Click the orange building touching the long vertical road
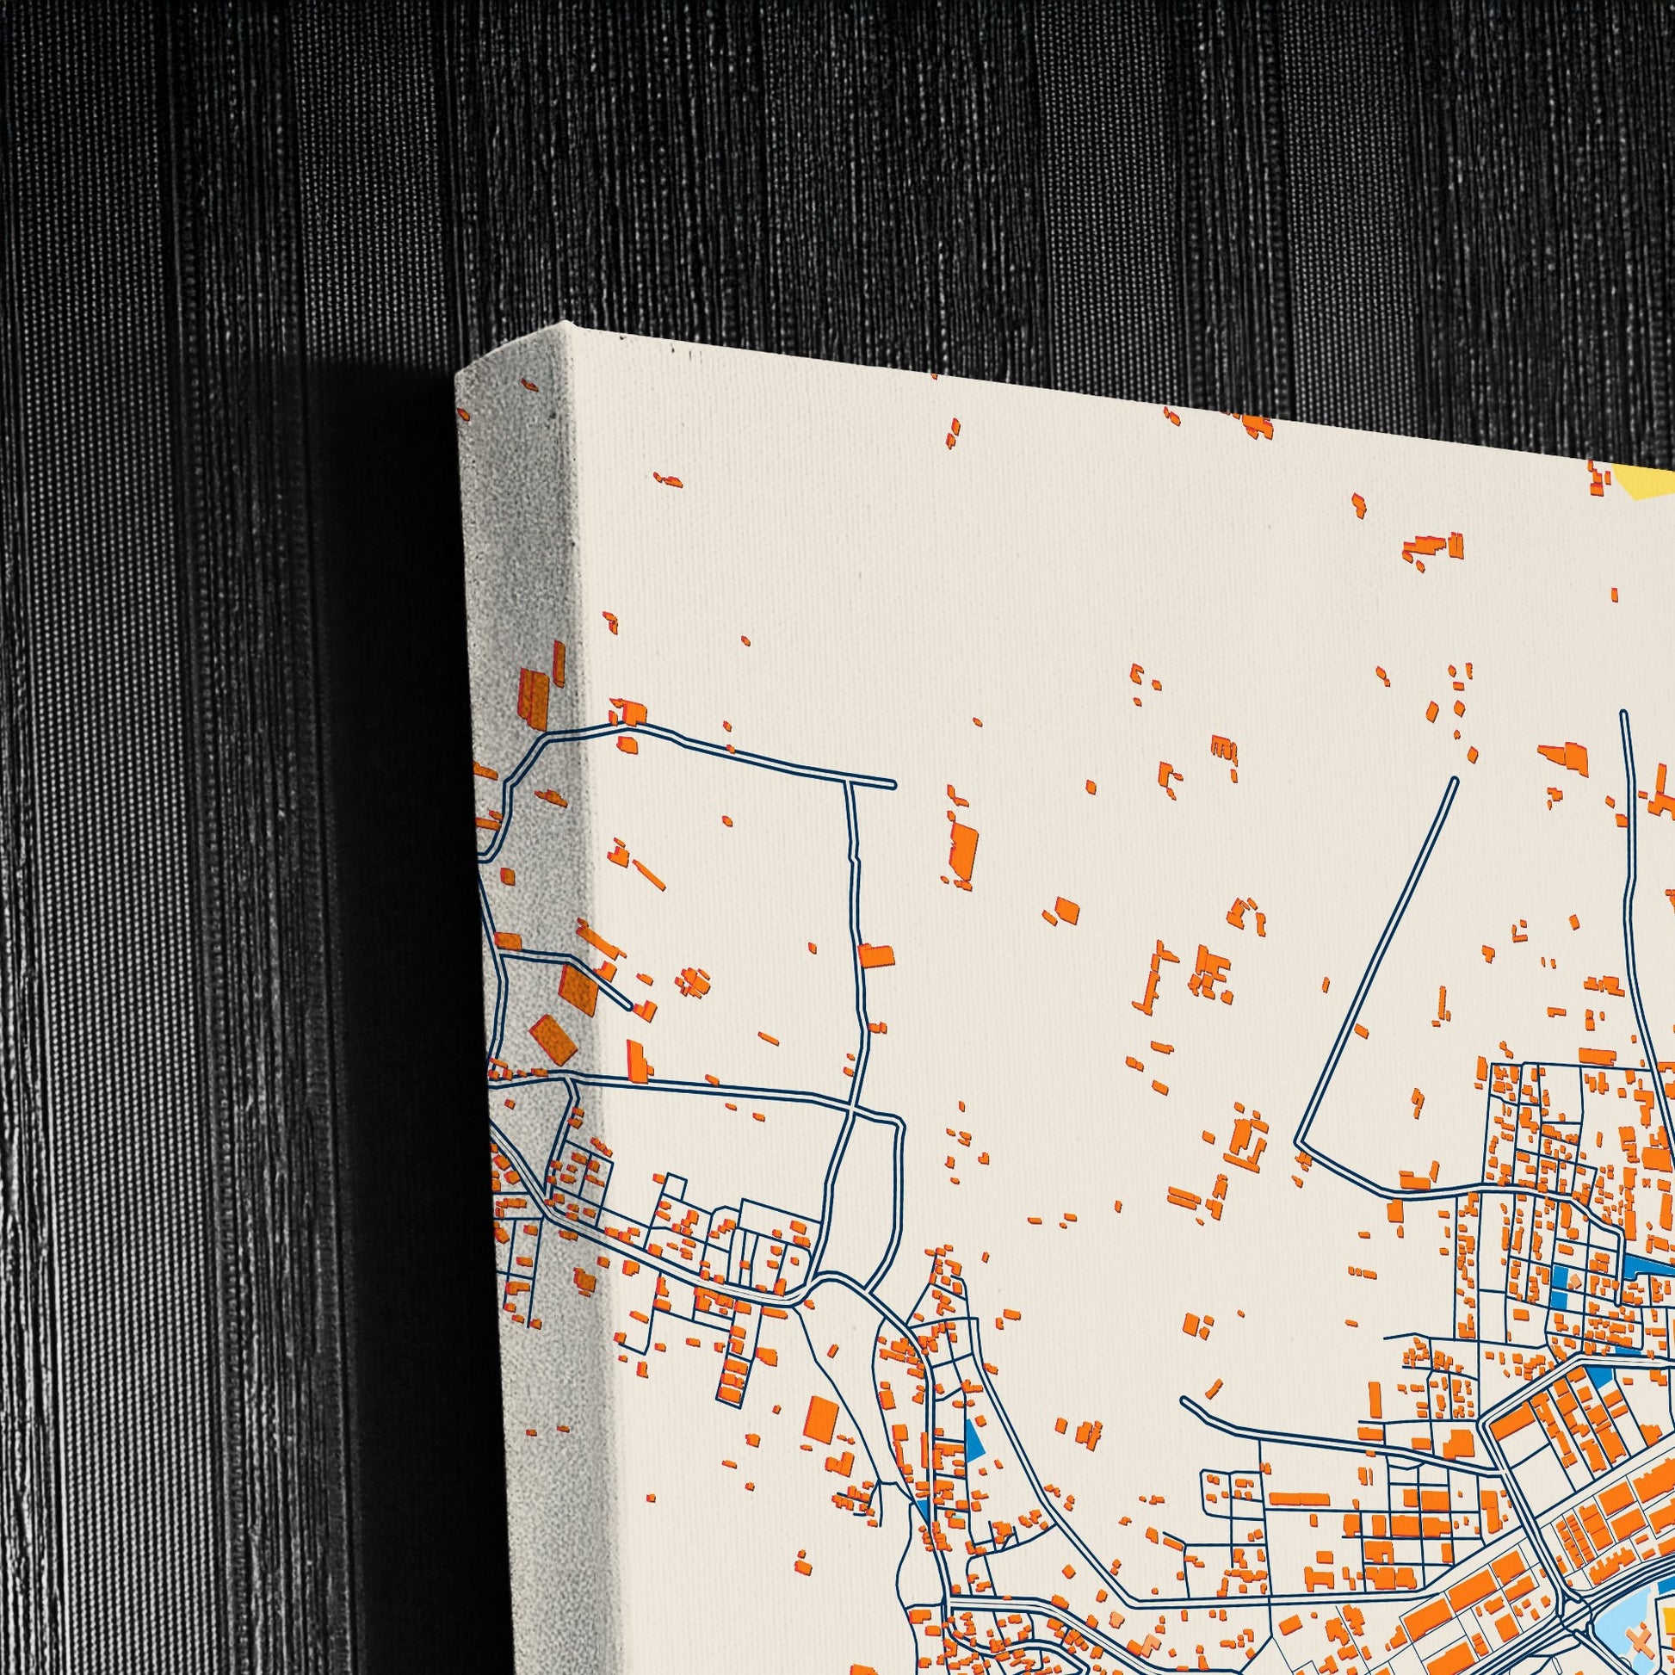(875, 955)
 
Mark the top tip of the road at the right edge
(1623, 714)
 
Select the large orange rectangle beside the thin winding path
(819, 1421)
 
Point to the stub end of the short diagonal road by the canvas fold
(627, 1006)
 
